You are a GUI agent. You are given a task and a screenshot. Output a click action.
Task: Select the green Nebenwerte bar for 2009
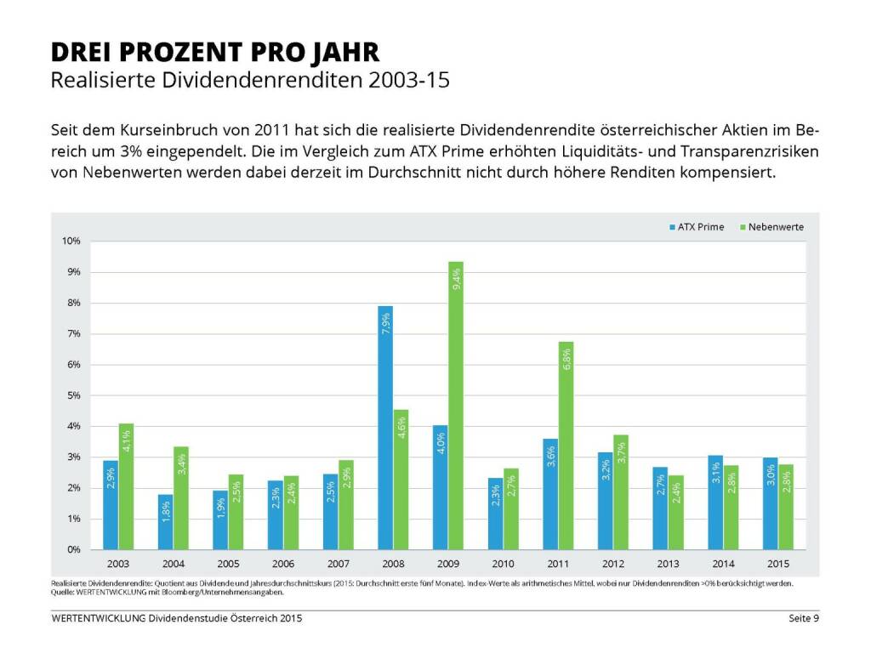pos(456,406)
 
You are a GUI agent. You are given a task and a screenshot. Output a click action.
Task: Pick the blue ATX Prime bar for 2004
pos(165,522)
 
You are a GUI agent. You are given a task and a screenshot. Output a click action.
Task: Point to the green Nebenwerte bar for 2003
pos(126,486)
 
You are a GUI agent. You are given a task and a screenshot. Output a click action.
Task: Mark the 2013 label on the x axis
pos(668,565)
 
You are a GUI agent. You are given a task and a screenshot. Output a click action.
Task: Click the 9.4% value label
pos(457,278)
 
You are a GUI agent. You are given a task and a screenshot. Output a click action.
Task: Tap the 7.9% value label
pos(385,323)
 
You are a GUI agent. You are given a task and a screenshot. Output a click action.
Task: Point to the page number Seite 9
pos(801,618)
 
